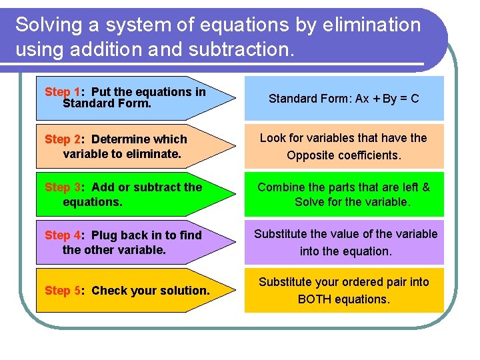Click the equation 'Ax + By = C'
pyautogui.click(x=387, y=99)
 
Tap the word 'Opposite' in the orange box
pyautogui.click(x=309, y=155)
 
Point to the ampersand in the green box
pyautogui.click(x=426, y=187)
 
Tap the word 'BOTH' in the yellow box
pyautogui.click(x=315, y=299)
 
